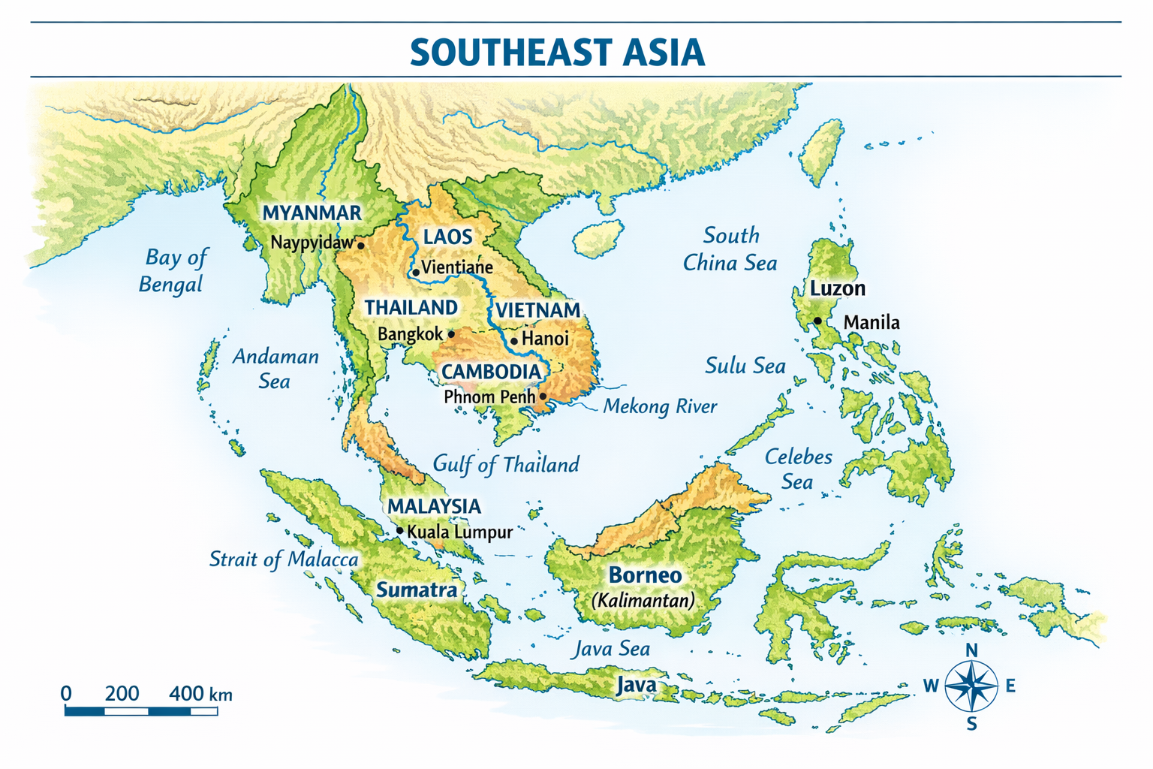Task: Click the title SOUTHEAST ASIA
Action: pos(557,52)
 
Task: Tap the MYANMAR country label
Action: pos(312,213)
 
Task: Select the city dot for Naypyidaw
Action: pos(360,246)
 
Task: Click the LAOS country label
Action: pos(447,237)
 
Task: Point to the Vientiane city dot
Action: pos(415,272)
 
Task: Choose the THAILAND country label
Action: pos(411,308)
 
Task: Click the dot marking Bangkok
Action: pos(451,334)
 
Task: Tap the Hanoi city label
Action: pos(545,339)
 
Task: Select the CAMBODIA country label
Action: pos(491,372)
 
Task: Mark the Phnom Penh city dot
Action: pos(543,397)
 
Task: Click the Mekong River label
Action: pos(660,406)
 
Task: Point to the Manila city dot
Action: pos(817,321)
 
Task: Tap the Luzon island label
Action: pos(837,288)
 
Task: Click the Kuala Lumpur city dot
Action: pos(399,531)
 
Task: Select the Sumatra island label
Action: pos(417,590)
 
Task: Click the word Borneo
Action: pos(645,575)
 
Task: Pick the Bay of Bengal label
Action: pos(173,270)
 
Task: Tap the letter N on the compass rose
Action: pos(971,650)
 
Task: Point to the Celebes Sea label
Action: pos(798,469)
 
